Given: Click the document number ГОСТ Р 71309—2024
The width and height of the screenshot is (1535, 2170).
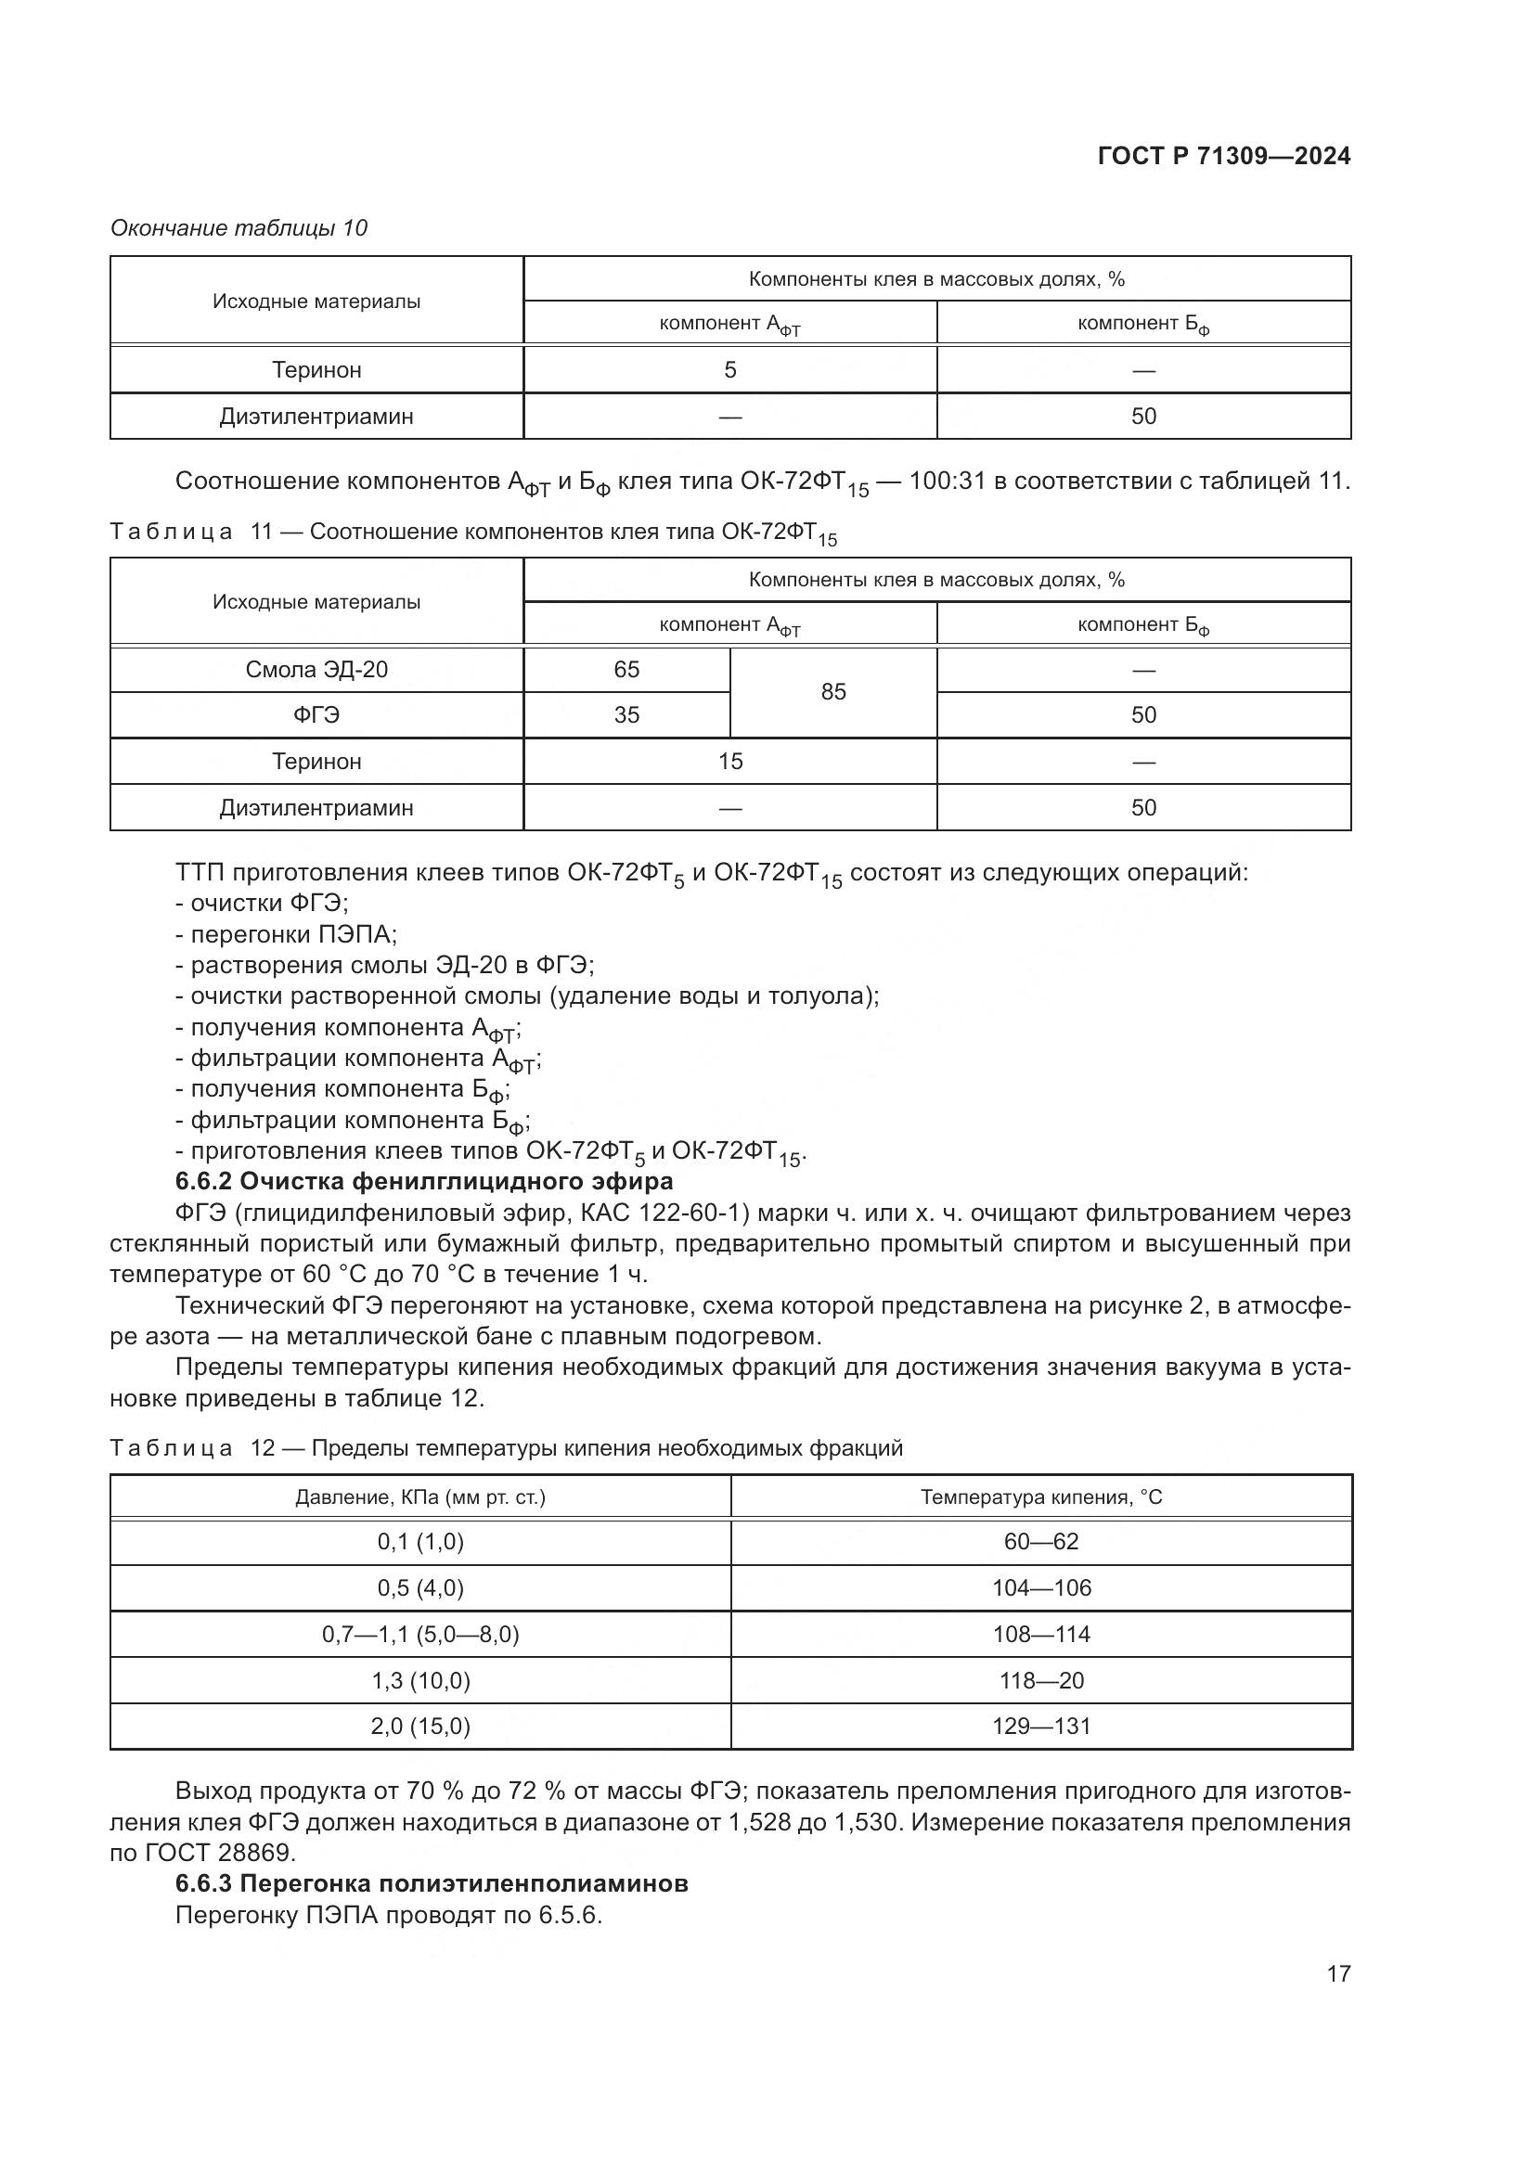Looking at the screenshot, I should coord(1223,157).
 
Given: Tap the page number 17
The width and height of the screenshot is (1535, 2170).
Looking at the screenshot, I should coord(1337,1973).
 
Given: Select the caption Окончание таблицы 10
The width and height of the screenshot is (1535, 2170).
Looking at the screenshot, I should coord(239,229).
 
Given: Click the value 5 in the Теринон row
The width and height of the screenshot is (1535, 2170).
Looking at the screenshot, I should coord(729,369).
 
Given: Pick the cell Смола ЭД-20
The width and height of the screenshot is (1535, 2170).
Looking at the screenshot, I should coord(316,670).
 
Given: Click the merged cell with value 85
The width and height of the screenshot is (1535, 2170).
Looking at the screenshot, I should coord(832,692).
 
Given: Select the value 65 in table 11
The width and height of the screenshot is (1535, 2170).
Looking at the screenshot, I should coord(626,670).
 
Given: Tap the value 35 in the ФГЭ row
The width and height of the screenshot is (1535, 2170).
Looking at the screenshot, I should coord(626,715).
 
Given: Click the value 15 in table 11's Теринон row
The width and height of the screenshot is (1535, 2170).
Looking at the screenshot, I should coord(729,762).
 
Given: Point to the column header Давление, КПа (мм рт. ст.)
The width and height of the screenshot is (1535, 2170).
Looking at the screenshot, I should coord(420,1497).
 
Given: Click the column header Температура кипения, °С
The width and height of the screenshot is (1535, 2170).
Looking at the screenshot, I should coord(1040,1497).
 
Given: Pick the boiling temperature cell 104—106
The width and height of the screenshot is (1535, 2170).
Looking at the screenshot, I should coord(1040,1587).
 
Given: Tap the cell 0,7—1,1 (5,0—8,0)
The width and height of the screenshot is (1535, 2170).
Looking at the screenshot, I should coord(420,1634).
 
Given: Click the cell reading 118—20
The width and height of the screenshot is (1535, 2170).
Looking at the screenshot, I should coord(1040,1680).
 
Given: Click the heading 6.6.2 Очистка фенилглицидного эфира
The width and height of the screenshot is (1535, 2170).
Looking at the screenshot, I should coord(424,1181).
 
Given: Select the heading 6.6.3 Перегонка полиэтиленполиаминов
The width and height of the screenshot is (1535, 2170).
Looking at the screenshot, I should coord(432,1883).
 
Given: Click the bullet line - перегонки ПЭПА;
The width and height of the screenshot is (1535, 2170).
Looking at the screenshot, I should coord(287,935).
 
